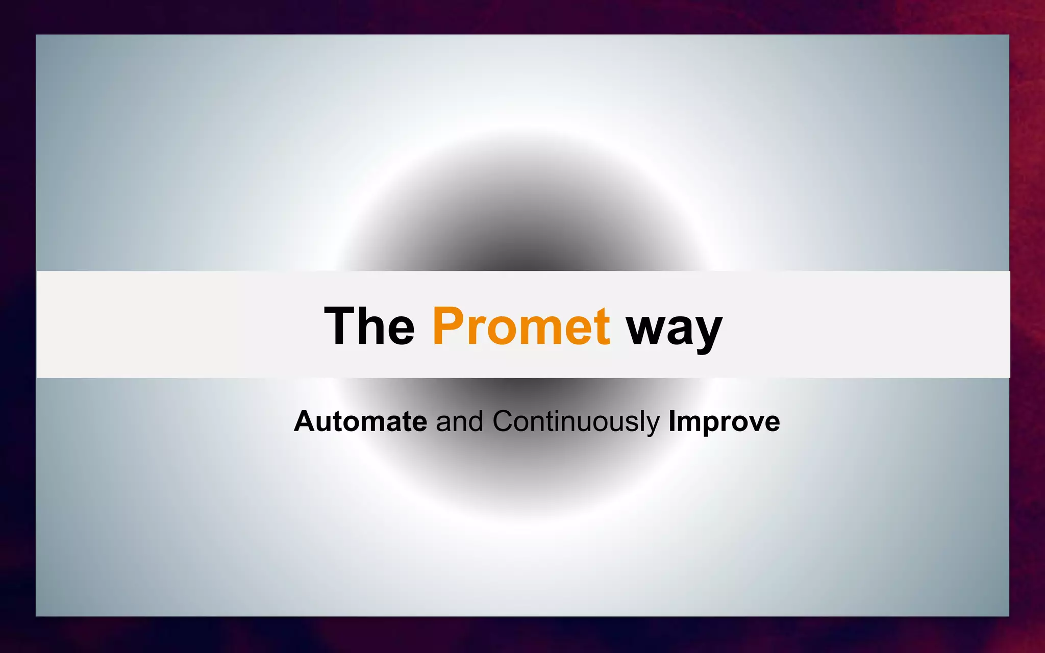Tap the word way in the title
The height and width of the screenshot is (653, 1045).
click(x=674, y=329)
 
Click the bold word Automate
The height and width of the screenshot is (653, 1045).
click(x=360, y=421)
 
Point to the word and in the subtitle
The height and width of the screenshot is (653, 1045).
click(x=459, y=421)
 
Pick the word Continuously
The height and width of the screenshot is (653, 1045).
click(x=576, y=422)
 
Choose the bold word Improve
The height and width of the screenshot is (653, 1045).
click(x=724, y=422)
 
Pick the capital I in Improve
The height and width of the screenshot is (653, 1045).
click(x=672, y=421)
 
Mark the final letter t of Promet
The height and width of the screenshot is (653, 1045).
click(x=602, y=326)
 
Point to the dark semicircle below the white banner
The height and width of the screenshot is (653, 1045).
click(x=526, y=469)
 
